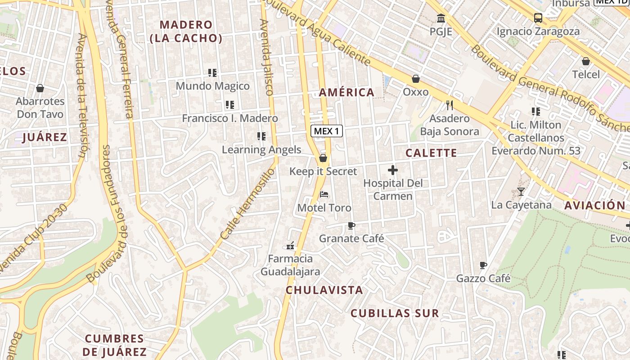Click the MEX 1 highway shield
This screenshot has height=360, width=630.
(x=327, y=131)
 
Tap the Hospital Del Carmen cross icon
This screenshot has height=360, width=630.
(x=393, y=170)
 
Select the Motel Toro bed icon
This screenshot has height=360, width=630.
(x=324, y=194)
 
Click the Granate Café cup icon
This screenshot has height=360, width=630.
(x=351, y=225)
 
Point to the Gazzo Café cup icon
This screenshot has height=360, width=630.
(x=483, y=265)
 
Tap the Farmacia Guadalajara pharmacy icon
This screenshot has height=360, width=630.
(x=290, y=246)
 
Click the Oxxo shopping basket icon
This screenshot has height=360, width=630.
(x=416, y=79)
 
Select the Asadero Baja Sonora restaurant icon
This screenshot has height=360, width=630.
(x=449, y=105)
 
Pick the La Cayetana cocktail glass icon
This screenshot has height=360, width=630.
(x=521, y=192)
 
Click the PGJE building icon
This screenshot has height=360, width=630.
(x=441, y=18)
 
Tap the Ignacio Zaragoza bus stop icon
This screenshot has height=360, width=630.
(x=538, y=18)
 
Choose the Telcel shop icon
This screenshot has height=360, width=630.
(x=586, y=61)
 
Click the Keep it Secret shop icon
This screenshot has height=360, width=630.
(x=323, y=158)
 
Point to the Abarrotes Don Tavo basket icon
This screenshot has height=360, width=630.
(x=40, y=88)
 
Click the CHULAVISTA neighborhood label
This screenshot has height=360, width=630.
(x=324, y=290)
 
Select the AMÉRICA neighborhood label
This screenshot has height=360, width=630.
(x=346, y=92)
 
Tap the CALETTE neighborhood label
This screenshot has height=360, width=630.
(x=431, y=153)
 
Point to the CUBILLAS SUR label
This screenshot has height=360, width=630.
(x=394, y=314)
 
